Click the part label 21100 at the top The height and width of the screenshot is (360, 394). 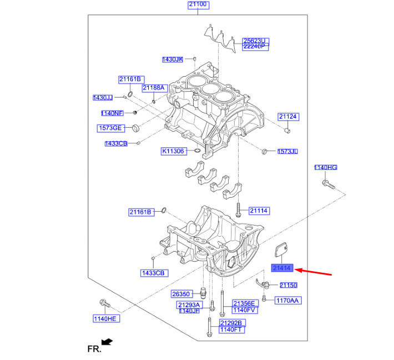pyautogui.click(x=198, y=5)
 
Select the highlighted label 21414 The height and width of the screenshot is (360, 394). pyautogui.click(x=282, y=268)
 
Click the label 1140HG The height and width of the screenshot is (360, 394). pyautogui.click(x=325, y=168)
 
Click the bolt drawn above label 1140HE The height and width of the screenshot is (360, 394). pyautogui.click(x=104, y=304)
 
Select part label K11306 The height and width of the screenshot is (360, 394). pyautogui.click(x=173, y=151)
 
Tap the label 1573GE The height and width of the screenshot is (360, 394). pyautogui.click(x=110, y=128)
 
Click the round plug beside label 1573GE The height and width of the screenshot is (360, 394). pyautogui.click(x=134, y=129)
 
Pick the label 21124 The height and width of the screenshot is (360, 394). pyautogui.click(x=288, y=117)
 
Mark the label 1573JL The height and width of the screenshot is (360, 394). pyautogui.click(x=287, y=151)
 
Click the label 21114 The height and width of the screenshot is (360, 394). pyautogui.click(x=259, y=211)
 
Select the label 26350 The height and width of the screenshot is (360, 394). pyautogui.click(x=181, y=294)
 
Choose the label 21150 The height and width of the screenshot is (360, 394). pyautogui.click(x=288, y=285)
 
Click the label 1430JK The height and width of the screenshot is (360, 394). pyautogui.click(x=173, y=59)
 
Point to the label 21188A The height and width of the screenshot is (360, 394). pyautogui.click(x=153, y=88)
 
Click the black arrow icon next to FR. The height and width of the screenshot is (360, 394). pyautogui.click(x=108, y=342)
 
